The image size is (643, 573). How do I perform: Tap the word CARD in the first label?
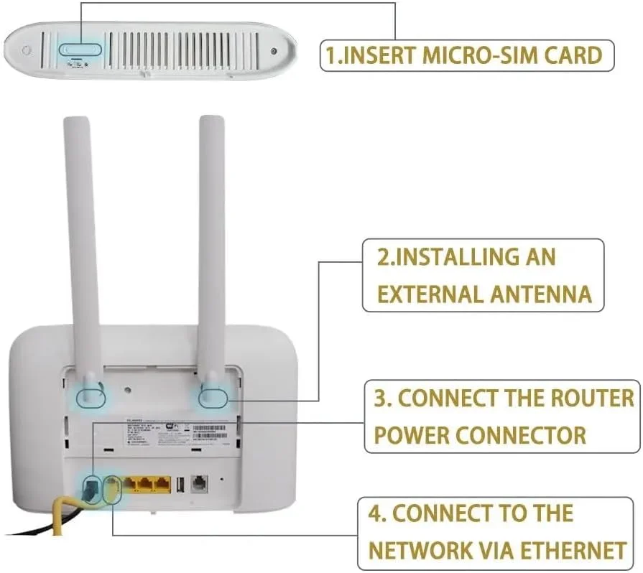tap(573, 55)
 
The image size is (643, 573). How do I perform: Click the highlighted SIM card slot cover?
tap(80, 49)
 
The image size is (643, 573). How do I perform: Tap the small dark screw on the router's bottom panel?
tap(274, 51)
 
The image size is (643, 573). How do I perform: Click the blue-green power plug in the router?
tap(90, 490)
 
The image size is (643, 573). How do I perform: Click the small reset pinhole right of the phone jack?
tap(223, 479)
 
